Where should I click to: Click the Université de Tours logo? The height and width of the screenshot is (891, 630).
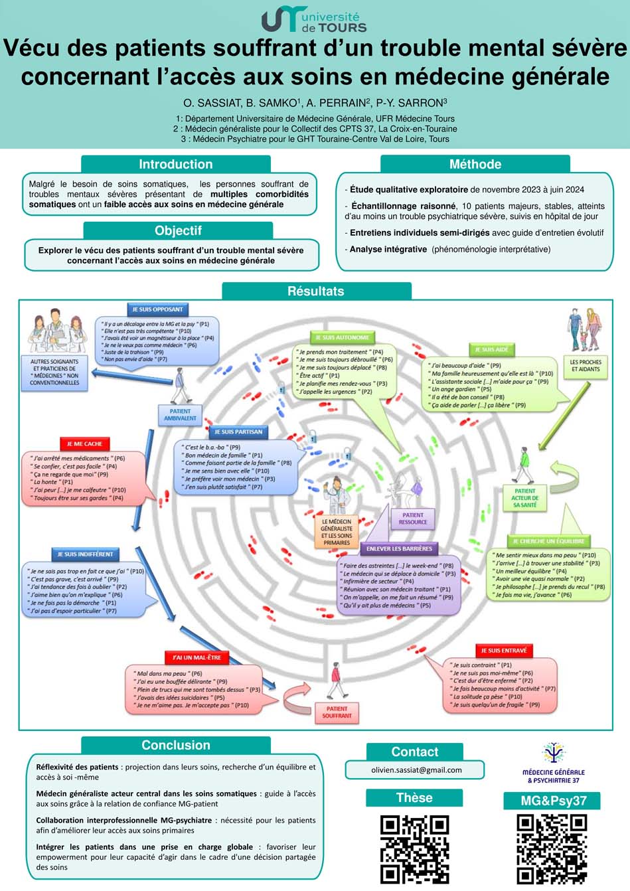pos(314,21)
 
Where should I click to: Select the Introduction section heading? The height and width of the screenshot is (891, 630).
pos(176,165)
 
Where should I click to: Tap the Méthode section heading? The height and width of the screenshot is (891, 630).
pos(475,165)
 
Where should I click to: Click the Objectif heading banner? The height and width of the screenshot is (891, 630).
pos(178,231)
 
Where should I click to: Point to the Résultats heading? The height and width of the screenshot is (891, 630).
pos(316,291)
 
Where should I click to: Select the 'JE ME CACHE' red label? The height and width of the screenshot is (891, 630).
pos(84,444)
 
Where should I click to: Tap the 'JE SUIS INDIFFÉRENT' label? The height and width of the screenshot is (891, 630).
pos(85,554)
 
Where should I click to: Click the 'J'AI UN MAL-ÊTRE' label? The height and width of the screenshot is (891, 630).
pos(197,657)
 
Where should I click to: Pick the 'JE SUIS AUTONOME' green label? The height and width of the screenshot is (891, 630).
pos(343,338)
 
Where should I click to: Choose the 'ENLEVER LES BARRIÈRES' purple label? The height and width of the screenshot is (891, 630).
pos(399,549)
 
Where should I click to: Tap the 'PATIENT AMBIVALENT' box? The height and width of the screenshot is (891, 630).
pos(180,415)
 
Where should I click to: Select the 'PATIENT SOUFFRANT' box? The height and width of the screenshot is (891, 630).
pos(337,712)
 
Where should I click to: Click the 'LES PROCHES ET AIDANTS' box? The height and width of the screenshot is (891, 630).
pos(586,366)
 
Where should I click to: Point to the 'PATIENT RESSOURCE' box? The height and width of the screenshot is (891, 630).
pos(412,519)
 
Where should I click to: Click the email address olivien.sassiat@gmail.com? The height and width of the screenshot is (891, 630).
pos(416,770)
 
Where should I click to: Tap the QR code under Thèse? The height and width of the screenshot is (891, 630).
pos(414,849)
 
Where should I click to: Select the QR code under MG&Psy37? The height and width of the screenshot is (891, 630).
pos(552,849)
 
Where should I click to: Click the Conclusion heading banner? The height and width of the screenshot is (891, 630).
pos(176,746)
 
